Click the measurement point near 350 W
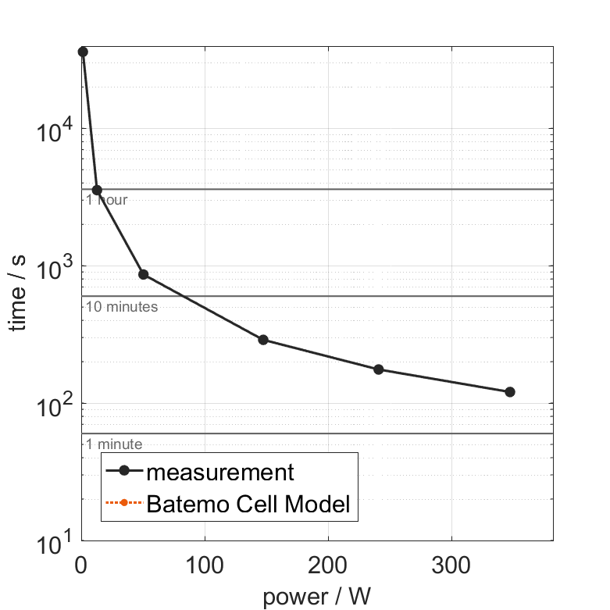coord(510,391)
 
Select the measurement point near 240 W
coord(379,369)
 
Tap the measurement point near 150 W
coord(263,340)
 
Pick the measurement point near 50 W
coord(143,274)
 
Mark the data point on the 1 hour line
coord(97,190)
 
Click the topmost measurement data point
coord(83,52)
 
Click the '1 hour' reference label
coord(106,200)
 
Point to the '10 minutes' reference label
coord(121,307)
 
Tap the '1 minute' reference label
coord(113,444)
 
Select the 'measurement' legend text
coord(220,472)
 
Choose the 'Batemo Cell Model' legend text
coord(248,505)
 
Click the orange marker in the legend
coord(124,505)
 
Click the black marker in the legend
coord(124,472)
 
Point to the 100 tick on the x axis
coord(205,564)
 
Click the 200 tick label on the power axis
coord(328,564)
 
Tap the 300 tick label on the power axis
coord(451,564)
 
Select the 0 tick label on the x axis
coord(81,564)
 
